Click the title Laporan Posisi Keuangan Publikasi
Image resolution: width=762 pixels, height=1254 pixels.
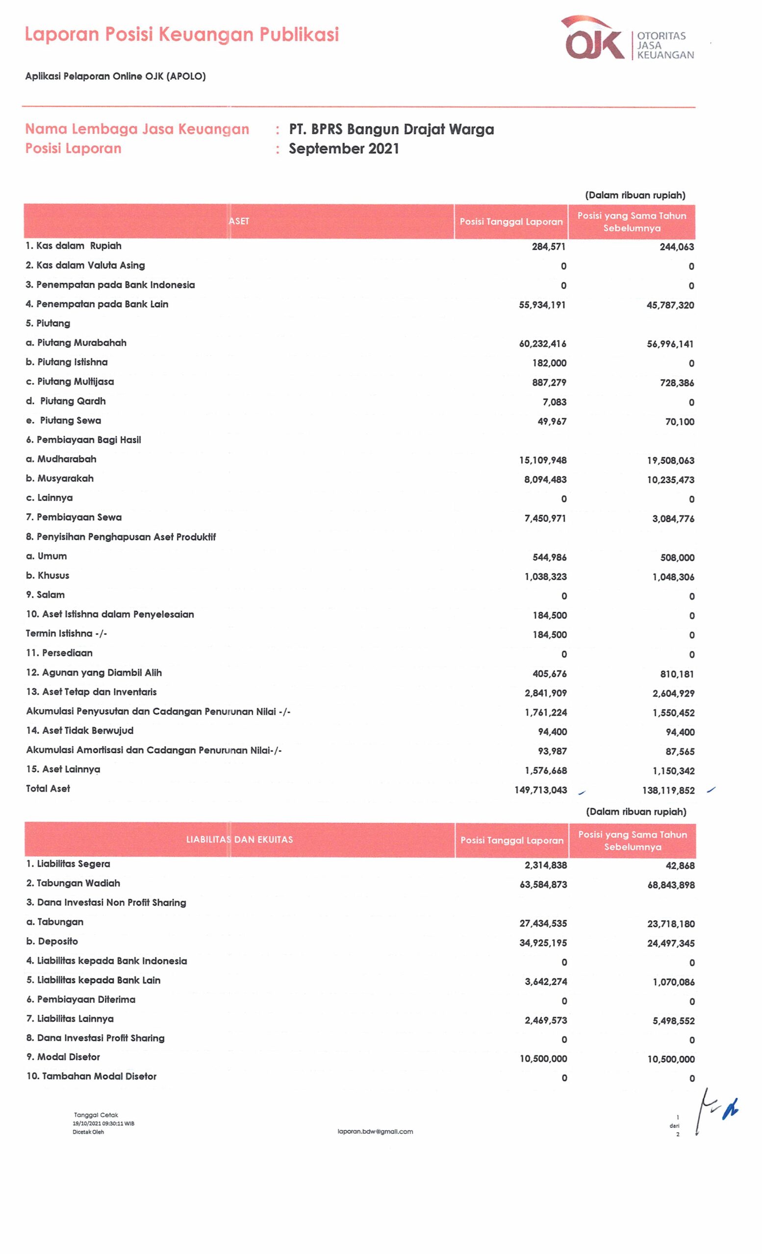pos(182,35)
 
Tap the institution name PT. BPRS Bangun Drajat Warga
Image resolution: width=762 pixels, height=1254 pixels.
pos(391,129)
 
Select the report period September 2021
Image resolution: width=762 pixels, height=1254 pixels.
pos(344,148)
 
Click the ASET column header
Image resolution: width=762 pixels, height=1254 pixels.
pos(239,221)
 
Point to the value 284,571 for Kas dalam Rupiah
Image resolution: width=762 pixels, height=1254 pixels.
pos(549,247)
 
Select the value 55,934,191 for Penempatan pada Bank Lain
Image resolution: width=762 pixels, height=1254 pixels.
pos(542,305)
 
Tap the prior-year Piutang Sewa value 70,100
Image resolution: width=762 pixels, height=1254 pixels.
pos(680,422)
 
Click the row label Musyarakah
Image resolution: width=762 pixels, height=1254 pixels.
pos(65,479)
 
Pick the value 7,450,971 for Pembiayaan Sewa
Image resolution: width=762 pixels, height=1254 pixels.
pos(545,519)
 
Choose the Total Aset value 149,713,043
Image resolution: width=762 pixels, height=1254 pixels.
pos(540,790)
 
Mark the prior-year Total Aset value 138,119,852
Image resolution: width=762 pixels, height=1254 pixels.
pos(668,791)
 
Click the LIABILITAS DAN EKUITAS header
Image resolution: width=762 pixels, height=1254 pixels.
pos(239,840)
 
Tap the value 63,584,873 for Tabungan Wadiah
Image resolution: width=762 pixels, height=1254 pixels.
pos(543,885)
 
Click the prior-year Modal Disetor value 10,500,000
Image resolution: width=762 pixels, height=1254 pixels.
pos(671,1059)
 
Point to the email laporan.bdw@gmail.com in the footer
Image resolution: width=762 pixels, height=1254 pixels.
pos(376,1132)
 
